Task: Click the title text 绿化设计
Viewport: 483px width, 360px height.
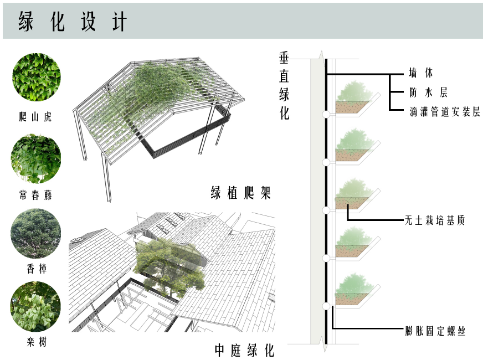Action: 73,22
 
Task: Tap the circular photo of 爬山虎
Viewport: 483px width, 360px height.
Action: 37,77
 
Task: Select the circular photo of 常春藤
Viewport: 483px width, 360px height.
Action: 36,158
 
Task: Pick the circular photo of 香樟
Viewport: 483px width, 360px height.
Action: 35,233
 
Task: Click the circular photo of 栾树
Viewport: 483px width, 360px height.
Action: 35,306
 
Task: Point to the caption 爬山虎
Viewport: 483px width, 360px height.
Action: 35,117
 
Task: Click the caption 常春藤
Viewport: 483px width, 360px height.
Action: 35,196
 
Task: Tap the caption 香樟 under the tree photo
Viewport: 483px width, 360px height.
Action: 35,269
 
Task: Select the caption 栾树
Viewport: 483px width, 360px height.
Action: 35,343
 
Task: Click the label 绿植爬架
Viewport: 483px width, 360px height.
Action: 240,193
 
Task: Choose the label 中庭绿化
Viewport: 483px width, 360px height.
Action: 244,350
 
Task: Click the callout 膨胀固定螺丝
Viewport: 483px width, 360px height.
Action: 435,332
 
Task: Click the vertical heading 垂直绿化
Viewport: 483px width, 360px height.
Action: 285,86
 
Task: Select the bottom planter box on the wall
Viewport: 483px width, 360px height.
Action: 354,296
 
